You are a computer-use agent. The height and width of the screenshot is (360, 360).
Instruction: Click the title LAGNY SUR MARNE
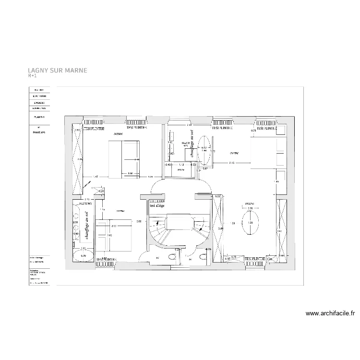tap(58, 70)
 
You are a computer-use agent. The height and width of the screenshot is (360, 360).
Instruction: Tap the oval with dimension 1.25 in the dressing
tap(250, 223)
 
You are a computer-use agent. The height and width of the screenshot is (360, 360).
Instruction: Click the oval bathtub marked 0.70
tap(83, 255)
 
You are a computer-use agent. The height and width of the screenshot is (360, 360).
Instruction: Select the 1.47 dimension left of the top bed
tap(96, 177)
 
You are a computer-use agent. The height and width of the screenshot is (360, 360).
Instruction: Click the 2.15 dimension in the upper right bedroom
tap(231, 163)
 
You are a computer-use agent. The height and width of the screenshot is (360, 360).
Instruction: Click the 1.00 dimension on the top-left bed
tap(130, 173)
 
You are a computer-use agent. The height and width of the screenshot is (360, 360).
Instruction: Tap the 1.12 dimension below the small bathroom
tap(180, 164)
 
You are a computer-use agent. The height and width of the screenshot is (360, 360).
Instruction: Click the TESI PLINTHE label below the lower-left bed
tap(107, 260)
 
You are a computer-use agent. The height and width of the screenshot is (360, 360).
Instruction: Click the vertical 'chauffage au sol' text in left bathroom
tap(87, 226)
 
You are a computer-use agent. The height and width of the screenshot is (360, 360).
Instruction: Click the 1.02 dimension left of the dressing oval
tap(232, 223)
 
